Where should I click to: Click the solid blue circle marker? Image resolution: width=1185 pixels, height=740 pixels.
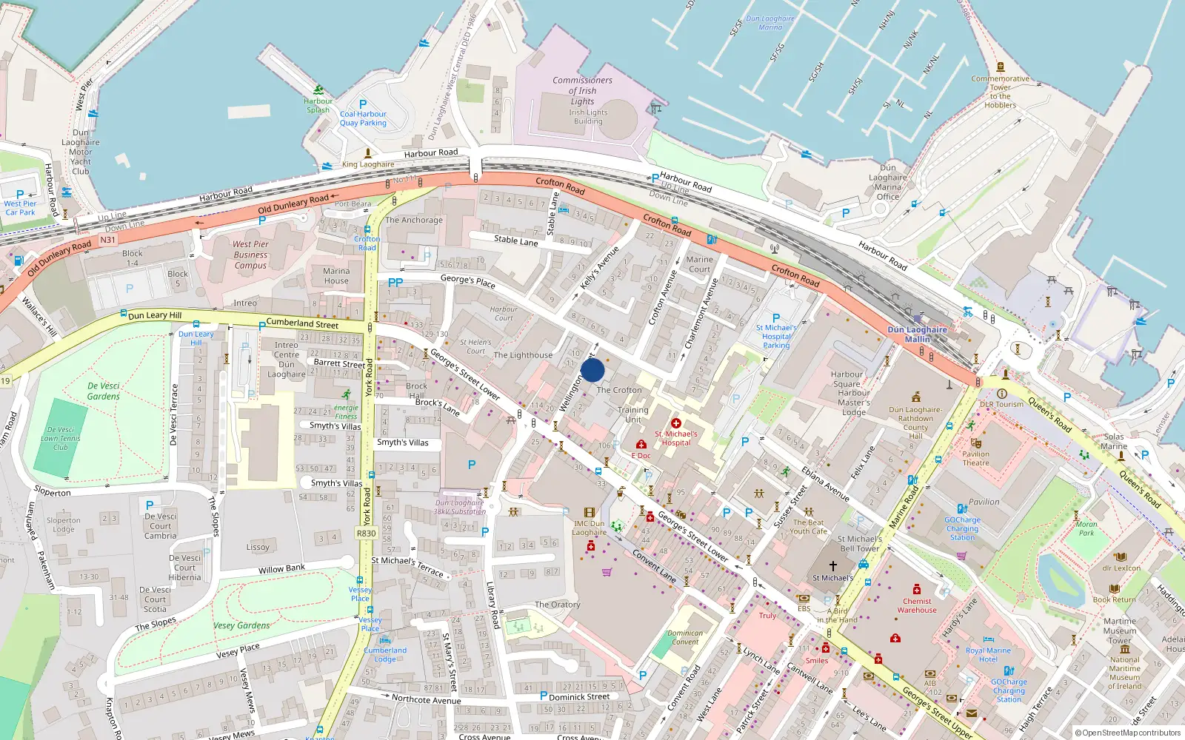592,370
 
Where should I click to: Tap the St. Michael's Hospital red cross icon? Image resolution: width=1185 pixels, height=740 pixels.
676,423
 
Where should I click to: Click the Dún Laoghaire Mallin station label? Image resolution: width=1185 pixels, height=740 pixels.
917,334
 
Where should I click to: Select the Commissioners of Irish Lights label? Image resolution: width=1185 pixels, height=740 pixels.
582,90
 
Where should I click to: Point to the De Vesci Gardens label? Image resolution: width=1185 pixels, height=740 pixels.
104,391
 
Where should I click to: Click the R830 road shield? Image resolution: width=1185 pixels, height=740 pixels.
366,533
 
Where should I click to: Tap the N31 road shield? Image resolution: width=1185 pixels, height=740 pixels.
108,240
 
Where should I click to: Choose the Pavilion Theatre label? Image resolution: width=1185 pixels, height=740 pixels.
975,458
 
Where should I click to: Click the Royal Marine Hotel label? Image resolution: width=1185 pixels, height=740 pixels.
988,655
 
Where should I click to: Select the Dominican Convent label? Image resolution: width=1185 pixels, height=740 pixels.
685,637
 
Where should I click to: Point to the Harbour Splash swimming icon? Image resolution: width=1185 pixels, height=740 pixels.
318,90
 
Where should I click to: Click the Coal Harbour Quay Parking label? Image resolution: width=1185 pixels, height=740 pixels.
363,118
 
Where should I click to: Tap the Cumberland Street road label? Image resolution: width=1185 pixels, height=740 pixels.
302,323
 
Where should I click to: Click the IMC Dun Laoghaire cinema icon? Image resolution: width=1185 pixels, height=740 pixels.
590,512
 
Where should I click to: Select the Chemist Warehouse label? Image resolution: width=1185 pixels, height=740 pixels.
917,605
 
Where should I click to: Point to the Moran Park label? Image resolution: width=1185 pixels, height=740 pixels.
1086,528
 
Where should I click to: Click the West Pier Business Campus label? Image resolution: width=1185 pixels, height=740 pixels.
250,255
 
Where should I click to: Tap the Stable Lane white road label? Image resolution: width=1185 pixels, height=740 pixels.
515,240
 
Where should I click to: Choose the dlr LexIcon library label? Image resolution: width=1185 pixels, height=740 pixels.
1121,568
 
